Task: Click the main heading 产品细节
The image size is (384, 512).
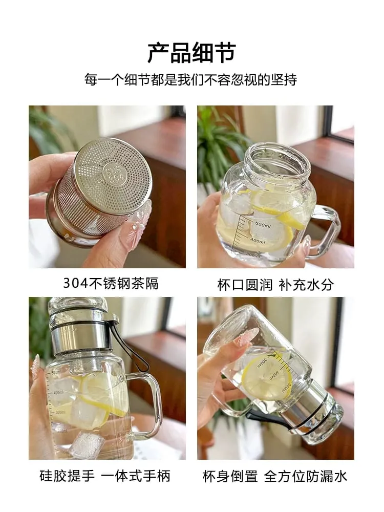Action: pyautogui.click(x=191, y=52)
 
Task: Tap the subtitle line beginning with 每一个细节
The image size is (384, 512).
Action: pyautogui.click(x=190, y=80)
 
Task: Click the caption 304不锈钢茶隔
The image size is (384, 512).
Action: pyautogui.click(x=111, y=284)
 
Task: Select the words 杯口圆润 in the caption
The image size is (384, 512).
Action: pyautogui.click(x=245, y=285)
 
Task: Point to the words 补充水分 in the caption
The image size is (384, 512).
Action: pyautogui.click(x=306, y=285)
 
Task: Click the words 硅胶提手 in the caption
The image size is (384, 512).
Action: pyautogui.click(x=67, y=476)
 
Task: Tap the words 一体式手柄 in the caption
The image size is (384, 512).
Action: pyautogui.click(x=136, y=476)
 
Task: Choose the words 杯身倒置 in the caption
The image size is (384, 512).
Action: pyautogui.click(x=230, y=476)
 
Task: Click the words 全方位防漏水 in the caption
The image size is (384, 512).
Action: pyautogui.click(x=305, y=476)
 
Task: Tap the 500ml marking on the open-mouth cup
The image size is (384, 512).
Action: pyautogui.click(x=263, y=225)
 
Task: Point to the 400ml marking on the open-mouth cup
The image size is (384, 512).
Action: pyautogui.click(x=258, y=241)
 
